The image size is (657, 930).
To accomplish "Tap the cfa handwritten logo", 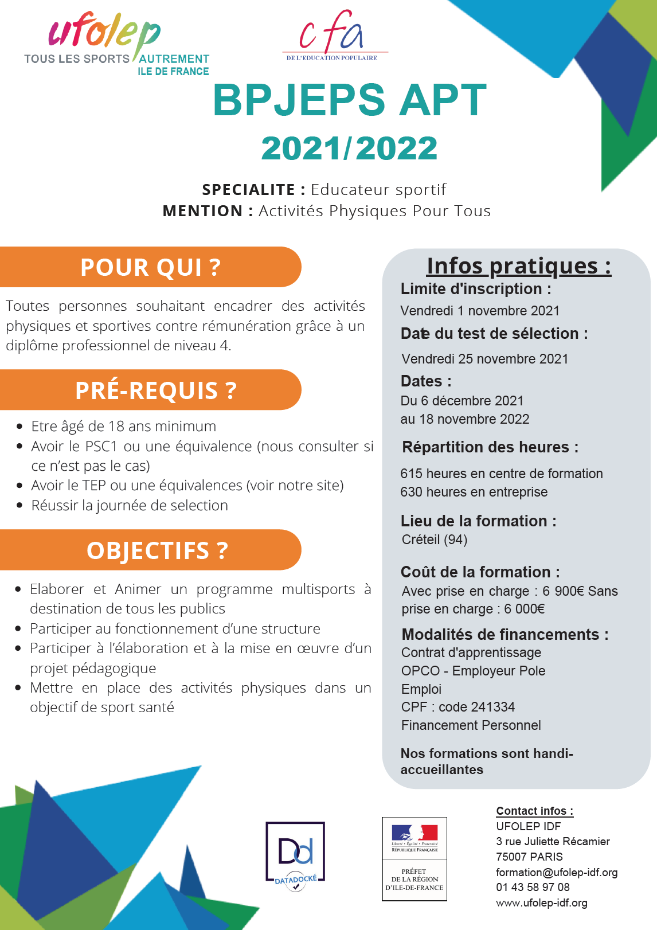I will click(331, 33).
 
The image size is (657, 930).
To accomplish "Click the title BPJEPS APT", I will click(349, 101).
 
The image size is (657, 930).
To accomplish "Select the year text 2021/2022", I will click(349, 149).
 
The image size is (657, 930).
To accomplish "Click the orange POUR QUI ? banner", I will click(150, 267).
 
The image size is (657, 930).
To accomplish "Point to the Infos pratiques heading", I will click(518, 266).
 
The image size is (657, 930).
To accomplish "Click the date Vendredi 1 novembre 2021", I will click(480, 311).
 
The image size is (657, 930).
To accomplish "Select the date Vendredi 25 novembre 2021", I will click(485, 359).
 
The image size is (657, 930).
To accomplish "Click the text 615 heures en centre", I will click(501, 474).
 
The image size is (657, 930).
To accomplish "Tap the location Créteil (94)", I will click(434, 540).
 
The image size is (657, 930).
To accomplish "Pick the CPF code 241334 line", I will click(457, 707).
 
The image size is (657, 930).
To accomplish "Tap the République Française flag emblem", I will click(414, 834).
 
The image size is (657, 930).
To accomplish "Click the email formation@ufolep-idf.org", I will click(556, 872).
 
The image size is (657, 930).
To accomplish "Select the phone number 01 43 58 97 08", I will click(533, 887).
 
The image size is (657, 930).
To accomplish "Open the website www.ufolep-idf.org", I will click(541, 902).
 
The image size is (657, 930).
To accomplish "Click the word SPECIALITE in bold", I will click(248, 190).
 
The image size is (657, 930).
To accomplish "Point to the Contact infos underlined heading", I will click(534, 811).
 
